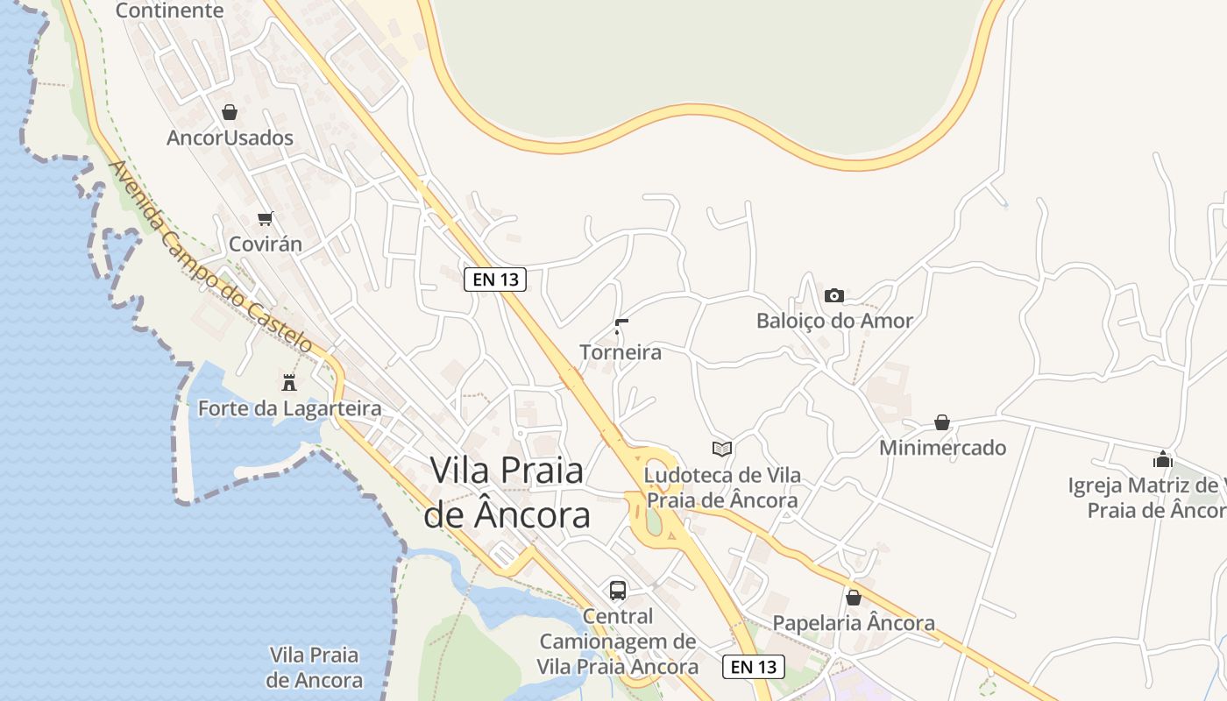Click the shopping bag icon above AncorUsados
pyautogui.click(x=230, y=112)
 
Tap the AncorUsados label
pyautogui.click(x=230, y=138)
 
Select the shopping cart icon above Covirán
pyautogui.click(x=265, y=218)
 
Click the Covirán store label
pyautogui.click(x=265, y=244)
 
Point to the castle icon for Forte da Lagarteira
pyautogui.click(x=288, y=382)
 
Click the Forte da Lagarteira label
pyautogui.click(x=289, y=408)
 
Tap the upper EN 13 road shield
pyautogui.click(x=495, y=280)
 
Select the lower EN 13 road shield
pyautogui.click(x=754, y=666)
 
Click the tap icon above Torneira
pyautogui.click(x=621, y=327)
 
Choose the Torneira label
pyautogui.click(x=621, y=352)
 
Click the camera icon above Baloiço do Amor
pyautogui.click(x=834, y=295)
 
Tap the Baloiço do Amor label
pyautogui.click(x=834, y=321)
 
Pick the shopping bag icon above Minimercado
pyautogui.click(x=942, y=422)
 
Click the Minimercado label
pyautogui.click(x=942, y=448)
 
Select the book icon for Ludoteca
pyautogui.click(x=721, y=450)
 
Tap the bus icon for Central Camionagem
pyautogui.click(x=618, y=590)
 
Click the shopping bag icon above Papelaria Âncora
pyautogui.click(x=854, y=598)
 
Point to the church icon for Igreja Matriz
pyautogui.click(x=1163, y=459)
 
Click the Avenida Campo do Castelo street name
pyautogui.click(x=210, y=256)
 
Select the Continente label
pyautogui.click(x=170, y=11)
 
